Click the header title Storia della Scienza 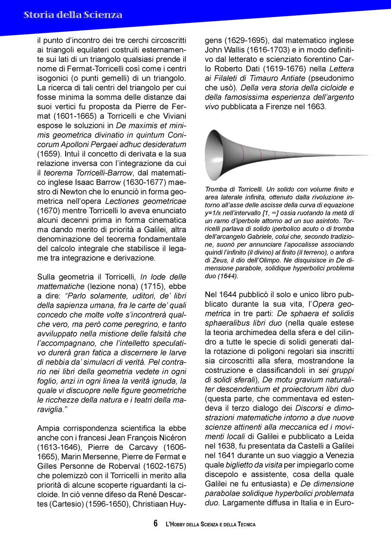tap(73, 15)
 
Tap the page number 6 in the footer tap(156, 524)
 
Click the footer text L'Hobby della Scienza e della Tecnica tap(210, 524)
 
